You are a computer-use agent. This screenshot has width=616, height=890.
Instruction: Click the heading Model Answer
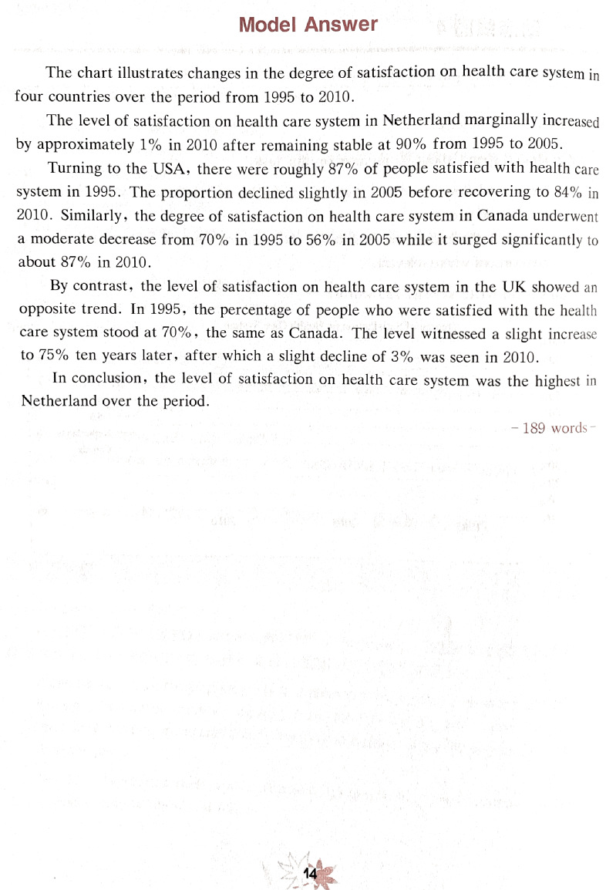coord(308,25)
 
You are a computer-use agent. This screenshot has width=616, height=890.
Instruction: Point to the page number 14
coord(311,873)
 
